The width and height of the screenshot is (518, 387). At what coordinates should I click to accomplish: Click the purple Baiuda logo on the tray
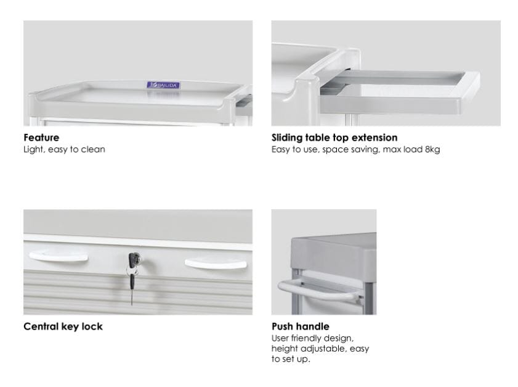(163, 85)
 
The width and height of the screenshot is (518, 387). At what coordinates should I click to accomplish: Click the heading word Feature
(41, 138)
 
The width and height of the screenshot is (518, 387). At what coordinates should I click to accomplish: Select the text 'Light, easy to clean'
(64, 149)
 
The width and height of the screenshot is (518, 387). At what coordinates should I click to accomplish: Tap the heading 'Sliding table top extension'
(334, 138)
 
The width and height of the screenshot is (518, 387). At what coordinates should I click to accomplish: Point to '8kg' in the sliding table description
(432, 149)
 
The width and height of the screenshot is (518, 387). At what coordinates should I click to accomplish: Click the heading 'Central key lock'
(63, 327)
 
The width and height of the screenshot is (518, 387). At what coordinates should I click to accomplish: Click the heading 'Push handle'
(301, 327)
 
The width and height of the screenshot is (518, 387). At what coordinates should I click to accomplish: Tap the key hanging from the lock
(132, 286)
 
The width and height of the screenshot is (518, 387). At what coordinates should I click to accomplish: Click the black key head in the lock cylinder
(134, 259)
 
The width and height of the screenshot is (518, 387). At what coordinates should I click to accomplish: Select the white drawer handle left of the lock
(59, 256)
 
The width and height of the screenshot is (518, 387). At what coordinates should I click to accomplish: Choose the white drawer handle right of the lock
(216, 264)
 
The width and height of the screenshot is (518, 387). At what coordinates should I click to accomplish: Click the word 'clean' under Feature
(93, 149)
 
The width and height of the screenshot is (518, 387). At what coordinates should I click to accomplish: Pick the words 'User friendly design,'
(312, 338)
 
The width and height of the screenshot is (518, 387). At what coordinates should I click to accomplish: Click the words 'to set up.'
(291, 359)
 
